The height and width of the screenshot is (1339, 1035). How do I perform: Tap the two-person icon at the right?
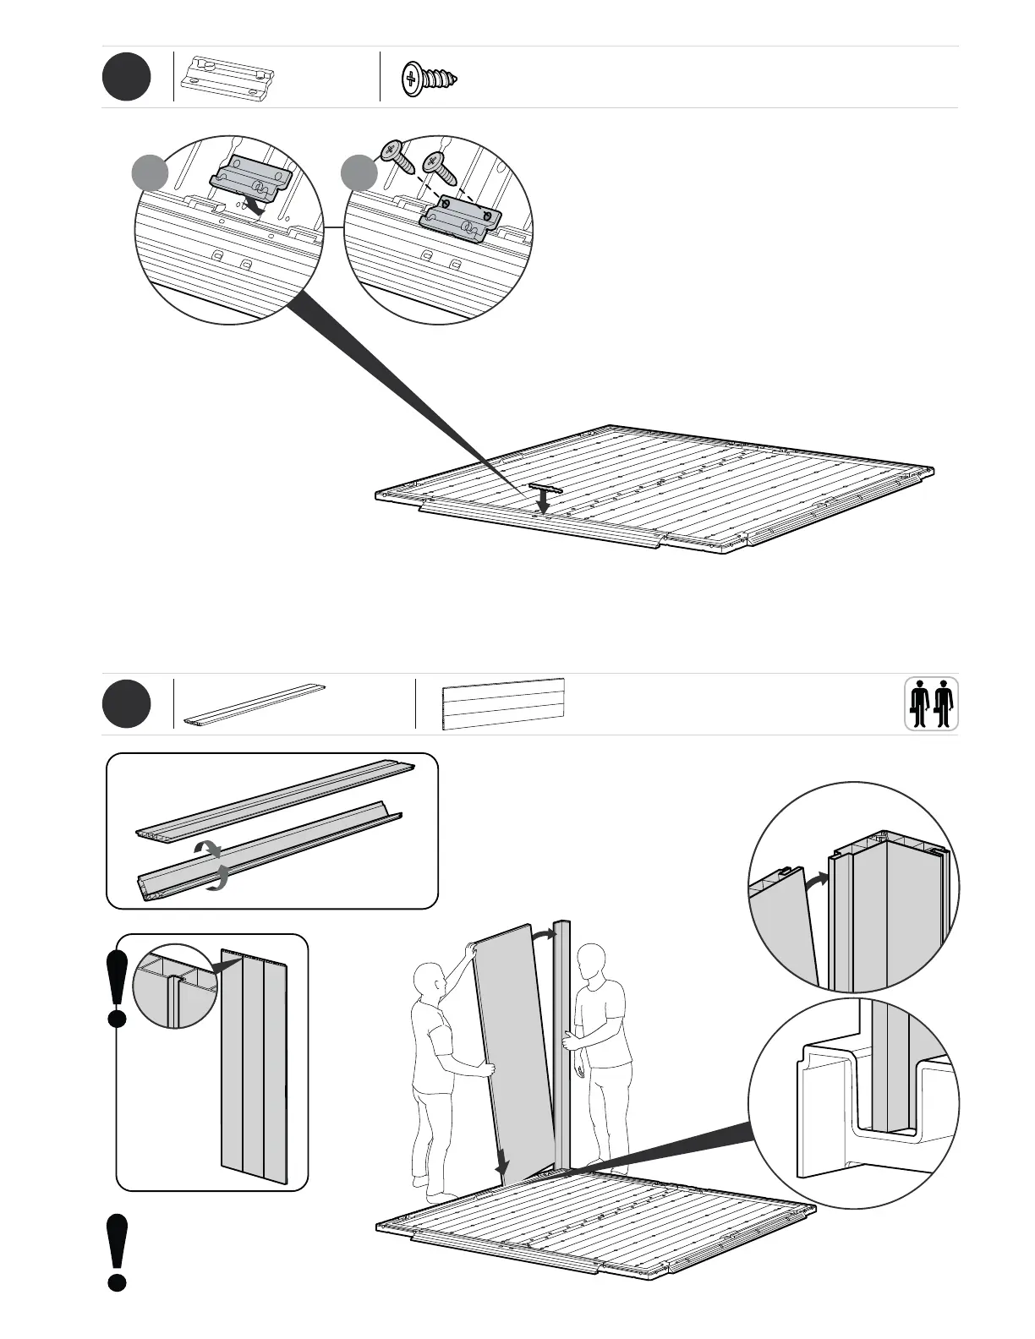tap(932, 703)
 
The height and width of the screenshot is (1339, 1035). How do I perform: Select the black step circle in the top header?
tap(127, 77)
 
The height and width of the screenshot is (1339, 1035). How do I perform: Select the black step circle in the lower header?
tap(127, 704)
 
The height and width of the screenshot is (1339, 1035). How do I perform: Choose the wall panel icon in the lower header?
tap(503, 703)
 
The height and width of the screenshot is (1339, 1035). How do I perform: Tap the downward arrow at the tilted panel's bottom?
tap(502, 1167)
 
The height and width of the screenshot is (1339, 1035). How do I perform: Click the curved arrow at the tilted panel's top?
tap(543, 932)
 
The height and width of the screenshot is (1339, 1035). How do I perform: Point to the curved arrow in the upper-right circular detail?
tap(815, 881)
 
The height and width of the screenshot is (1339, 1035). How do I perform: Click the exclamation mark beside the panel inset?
tap(118, 987)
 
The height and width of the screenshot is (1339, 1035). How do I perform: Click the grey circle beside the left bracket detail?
tap(151, 174)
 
